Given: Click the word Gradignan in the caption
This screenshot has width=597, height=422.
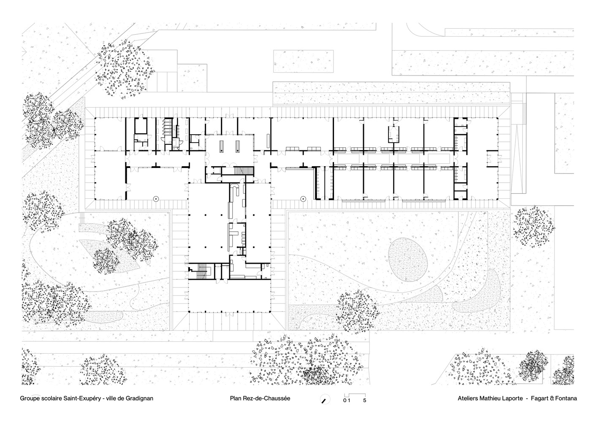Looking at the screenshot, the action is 139,398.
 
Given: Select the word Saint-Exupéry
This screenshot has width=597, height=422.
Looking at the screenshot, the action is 82,398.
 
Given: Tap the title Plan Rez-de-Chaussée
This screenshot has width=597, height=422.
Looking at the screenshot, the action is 260,398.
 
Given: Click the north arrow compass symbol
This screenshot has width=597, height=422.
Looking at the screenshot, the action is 325,399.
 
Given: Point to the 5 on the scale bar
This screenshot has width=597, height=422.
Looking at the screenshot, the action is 365,400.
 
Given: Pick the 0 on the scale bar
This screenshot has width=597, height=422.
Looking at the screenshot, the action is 345,400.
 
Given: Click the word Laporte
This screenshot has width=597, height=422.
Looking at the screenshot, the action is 513,398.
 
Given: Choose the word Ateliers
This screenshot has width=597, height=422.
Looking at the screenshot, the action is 468,398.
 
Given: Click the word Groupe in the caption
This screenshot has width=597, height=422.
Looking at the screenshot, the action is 30,398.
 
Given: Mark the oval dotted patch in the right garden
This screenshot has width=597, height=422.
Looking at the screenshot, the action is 408,260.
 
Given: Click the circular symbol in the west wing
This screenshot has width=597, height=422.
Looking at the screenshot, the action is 156,198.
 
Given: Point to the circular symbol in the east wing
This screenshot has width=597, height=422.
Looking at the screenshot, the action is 303,198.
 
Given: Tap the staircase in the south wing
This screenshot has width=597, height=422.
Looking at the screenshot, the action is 201,271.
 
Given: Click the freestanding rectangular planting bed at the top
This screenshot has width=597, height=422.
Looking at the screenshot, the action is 303,61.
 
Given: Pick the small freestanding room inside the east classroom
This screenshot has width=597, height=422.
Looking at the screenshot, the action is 393,134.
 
